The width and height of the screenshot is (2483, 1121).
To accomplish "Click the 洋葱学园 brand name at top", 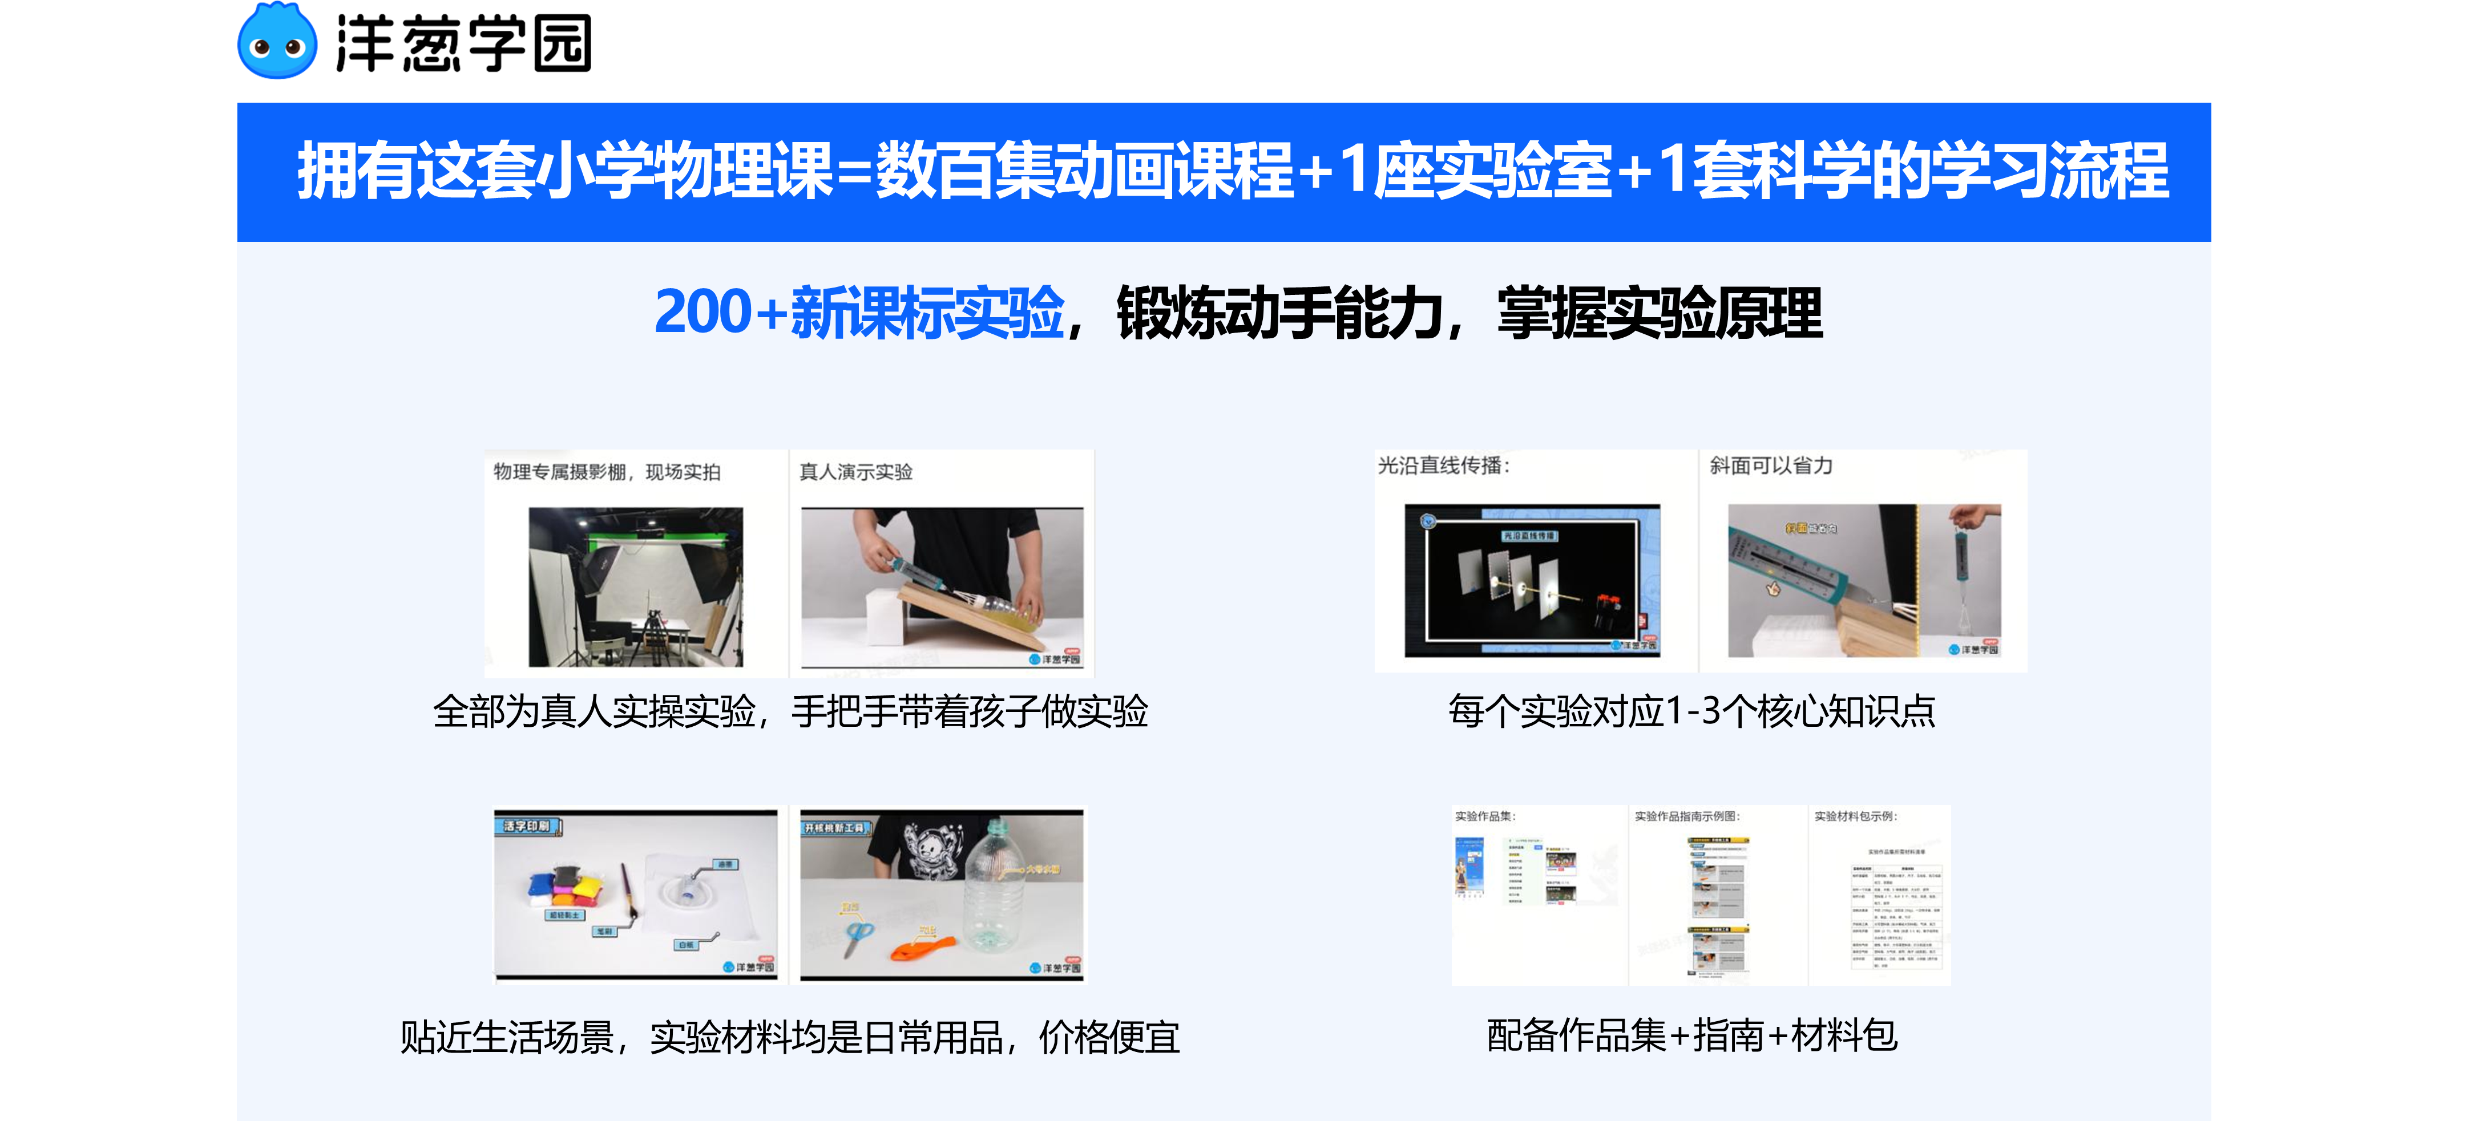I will tap(463, 43).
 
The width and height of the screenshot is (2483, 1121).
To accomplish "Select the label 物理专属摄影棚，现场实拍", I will tap(607, 471).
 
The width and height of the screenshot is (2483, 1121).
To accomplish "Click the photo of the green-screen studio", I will tap(636, 587).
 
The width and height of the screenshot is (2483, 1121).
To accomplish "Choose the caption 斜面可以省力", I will tap(1771, 466).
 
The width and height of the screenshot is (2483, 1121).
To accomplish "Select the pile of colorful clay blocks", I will tap(564, 887).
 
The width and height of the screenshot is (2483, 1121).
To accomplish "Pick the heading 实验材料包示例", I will tap(1855, 816).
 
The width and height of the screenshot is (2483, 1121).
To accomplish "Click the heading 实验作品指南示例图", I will tap(1687, 816).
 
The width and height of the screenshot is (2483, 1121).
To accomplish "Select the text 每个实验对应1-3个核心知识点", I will tap(1691, 711).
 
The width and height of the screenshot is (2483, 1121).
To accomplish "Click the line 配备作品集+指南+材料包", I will tap(1691, 1036).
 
